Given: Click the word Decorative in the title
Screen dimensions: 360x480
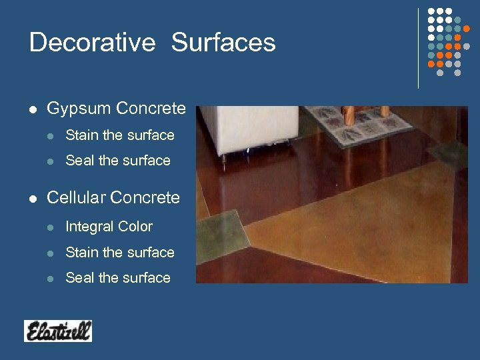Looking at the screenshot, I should [92, 43].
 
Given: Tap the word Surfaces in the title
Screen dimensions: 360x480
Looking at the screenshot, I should [223, 43].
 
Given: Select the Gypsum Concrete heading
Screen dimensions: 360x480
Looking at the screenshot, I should [116, 108].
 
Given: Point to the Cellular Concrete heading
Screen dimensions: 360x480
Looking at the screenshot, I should [113, 198].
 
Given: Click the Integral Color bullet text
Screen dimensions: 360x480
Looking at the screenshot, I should [109, 227].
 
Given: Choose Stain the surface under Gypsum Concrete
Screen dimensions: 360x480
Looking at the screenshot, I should [120, 135].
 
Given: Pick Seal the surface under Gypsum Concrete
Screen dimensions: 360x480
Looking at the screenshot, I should [118, 161].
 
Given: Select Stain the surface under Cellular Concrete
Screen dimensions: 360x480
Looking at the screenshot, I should [120, 253].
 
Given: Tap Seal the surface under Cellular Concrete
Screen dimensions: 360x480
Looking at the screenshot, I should [118, 278].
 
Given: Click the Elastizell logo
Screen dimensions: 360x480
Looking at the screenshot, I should [58, 331].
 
